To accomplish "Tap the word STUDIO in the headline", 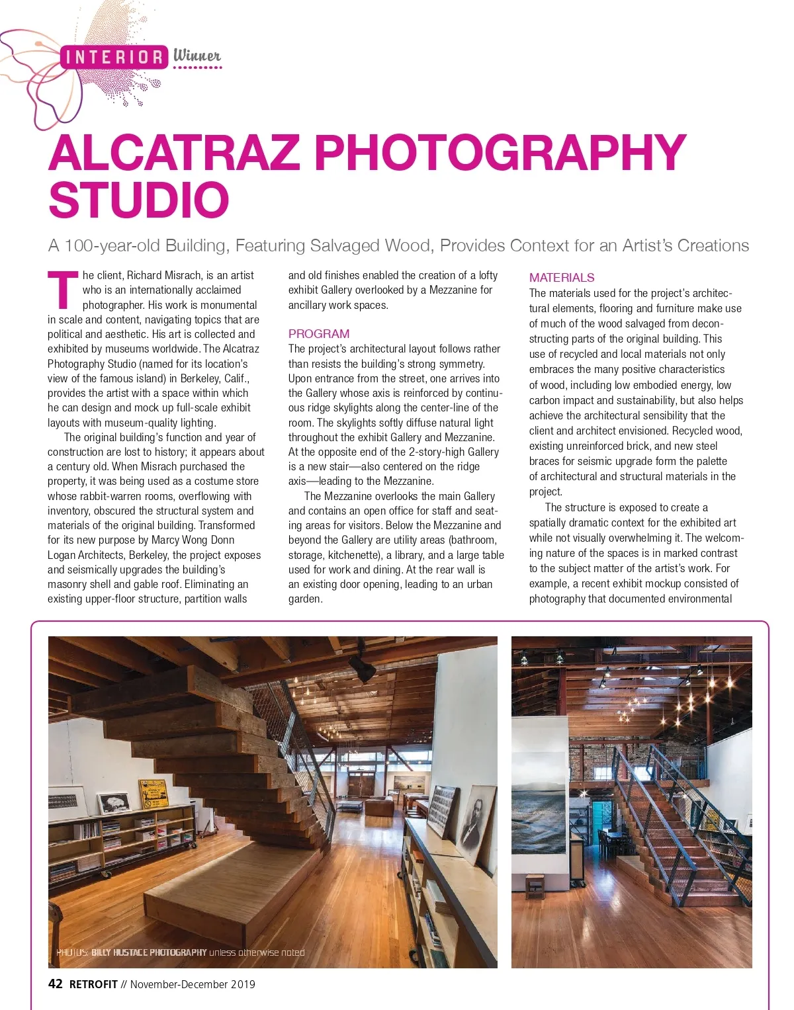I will (139, 200).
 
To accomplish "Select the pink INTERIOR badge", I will (114, 58).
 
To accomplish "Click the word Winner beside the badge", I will (197, 56).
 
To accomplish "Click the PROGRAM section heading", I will (318, 334).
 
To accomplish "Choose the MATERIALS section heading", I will (561, 278).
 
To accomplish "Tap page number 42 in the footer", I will (56, 984).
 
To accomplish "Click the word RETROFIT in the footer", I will (93, 984).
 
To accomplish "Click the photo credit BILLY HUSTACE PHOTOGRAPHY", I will (149, 952).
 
